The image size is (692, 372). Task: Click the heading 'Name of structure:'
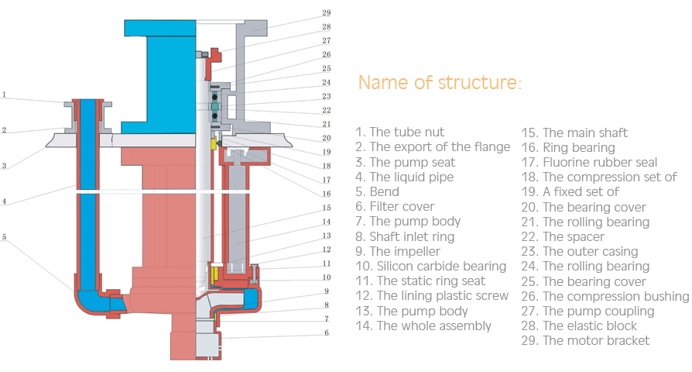[x=440, y=83]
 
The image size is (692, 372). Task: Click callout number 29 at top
[x=326, y=13]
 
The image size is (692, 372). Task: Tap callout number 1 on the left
[x=4, y=95]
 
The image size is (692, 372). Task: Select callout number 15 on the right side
[x=326, y=208]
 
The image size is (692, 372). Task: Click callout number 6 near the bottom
[x=326, y=332]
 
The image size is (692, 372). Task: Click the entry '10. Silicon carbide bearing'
[x=430, y=266]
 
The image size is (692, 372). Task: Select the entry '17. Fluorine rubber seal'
[x=588, y=162]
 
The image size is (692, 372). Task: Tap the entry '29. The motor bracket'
[x=585, y=340]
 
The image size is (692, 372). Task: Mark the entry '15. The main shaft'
[x=574, y=133]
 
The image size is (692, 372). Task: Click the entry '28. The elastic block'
[x=579, y=325]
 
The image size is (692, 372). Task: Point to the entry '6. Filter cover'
[x=395, y=206]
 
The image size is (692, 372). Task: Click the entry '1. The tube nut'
[x=399, y=133]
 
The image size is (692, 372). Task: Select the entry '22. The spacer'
[x=563, y=236]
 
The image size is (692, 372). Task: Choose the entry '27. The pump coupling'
[x=588, y=311]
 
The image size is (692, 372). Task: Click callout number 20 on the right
[x=326, y=138]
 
